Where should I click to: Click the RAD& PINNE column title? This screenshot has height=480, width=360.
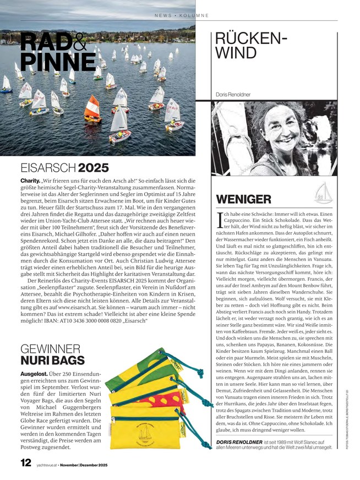pos(57,52)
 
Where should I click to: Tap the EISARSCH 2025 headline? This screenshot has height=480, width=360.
pos(64,168)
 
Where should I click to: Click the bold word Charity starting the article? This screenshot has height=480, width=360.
pos(30,181)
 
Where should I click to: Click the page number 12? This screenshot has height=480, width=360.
pos(25,463)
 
